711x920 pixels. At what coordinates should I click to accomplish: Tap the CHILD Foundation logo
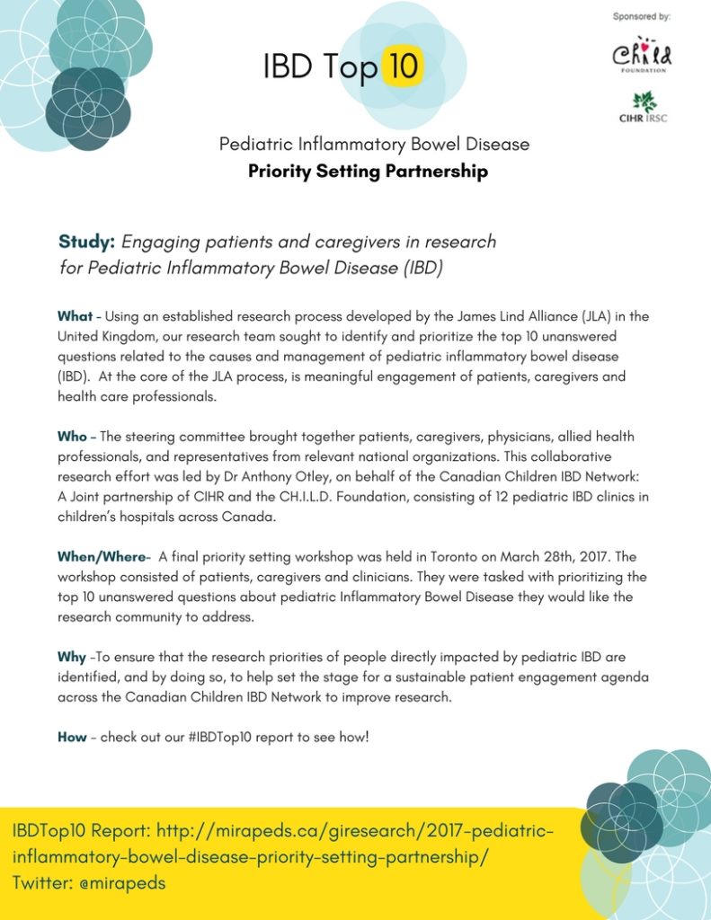point(642,56)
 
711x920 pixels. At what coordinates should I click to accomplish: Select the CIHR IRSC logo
point(644,107)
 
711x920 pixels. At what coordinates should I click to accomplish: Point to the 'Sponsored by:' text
point(642,16)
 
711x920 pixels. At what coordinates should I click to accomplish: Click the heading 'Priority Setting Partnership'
point(369,171)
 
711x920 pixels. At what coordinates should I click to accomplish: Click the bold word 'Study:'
point(86,242)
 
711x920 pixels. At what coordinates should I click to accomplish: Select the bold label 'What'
point(75,316)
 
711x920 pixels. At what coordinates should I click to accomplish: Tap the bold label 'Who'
point(73,437)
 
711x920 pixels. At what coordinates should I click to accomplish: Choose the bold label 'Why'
point(72,657)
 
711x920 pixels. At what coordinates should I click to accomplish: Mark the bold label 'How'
point(72,738)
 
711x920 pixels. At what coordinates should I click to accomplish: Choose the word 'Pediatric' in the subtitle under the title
point(257,144)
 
